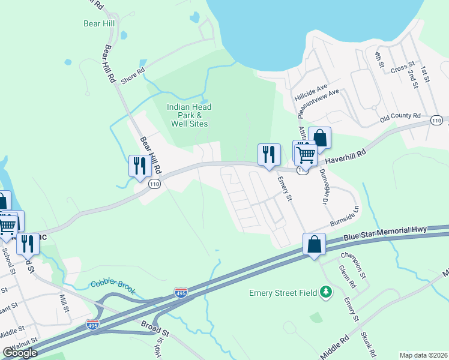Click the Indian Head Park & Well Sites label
189,115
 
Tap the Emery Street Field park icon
325,292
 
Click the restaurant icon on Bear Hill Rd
139,166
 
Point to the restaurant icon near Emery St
268,154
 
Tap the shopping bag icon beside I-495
315,244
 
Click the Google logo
20,353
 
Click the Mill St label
64,299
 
